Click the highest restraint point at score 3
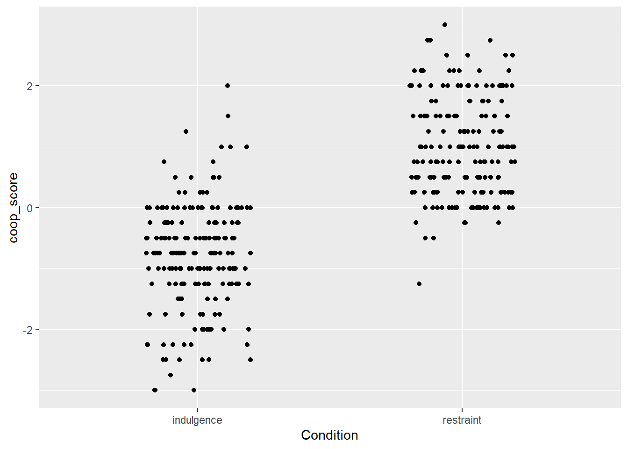point(445,25)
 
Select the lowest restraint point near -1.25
point(419,284)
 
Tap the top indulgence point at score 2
point(228,86)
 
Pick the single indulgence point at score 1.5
point(228,116)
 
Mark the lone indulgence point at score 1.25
point(186,131)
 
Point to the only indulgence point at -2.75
point(171,375)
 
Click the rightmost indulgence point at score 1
point(247,147)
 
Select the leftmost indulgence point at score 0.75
point(164,162)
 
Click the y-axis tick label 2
point(29,86)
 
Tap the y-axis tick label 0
point(29,208)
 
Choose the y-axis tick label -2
point(28,330)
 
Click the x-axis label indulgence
point(197,420)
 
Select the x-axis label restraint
point(462,420)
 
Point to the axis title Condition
point(329,435)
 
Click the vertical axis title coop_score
point(14,208)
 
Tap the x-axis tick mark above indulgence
point(197,410)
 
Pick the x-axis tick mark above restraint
point(462,410)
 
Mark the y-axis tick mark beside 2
point(37,86)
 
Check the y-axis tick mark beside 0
point(37,208)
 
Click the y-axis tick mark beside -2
point(37,329)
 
